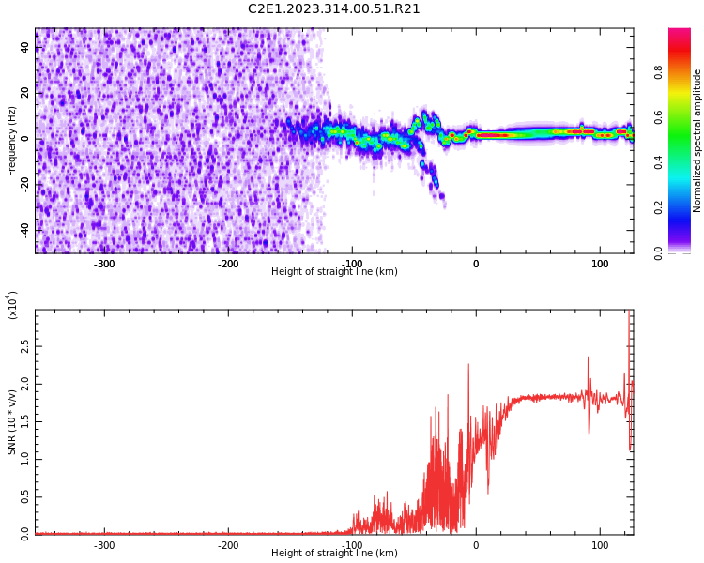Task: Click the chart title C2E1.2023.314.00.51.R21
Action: point(334,9)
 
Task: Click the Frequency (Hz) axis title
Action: point(12,141)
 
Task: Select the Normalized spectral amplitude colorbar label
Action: point(697,141)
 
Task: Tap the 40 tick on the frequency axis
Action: point(24,49)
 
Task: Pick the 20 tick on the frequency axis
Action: point(24,94)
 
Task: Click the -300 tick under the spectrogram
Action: point(104,264)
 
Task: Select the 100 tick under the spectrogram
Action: point(599,264)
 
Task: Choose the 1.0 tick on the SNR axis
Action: point(23,459)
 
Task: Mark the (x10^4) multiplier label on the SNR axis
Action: point(13,305)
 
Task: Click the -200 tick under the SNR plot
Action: point(228,545)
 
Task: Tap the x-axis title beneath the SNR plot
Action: point(334,554)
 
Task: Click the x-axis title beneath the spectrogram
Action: point(334,272)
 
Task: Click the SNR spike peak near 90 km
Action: point(589,358)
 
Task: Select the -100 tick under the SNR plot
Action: point(352,545)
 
